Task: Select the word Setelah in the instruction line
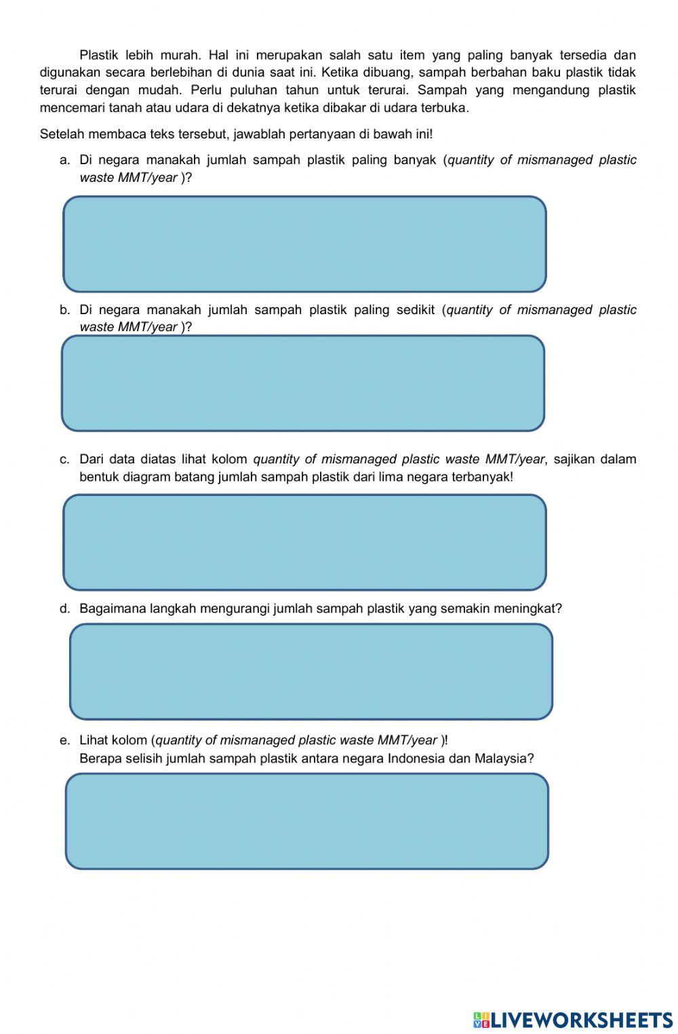(x=61, y=134)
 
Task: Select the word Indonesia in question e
(x=416, y=759)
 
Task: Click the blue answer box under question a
(x=304, y=244)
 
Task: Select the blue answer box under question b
(x=303, y=383)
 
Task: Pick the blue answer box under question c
(x=304, y=542)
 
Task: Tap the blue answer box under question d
(x=311, y=672)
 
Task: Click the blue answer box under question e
(x=306, y=821)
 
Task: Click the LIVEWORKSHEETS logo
(x=573, y=1019)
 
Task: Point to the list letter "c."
(x=64, y=460)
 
